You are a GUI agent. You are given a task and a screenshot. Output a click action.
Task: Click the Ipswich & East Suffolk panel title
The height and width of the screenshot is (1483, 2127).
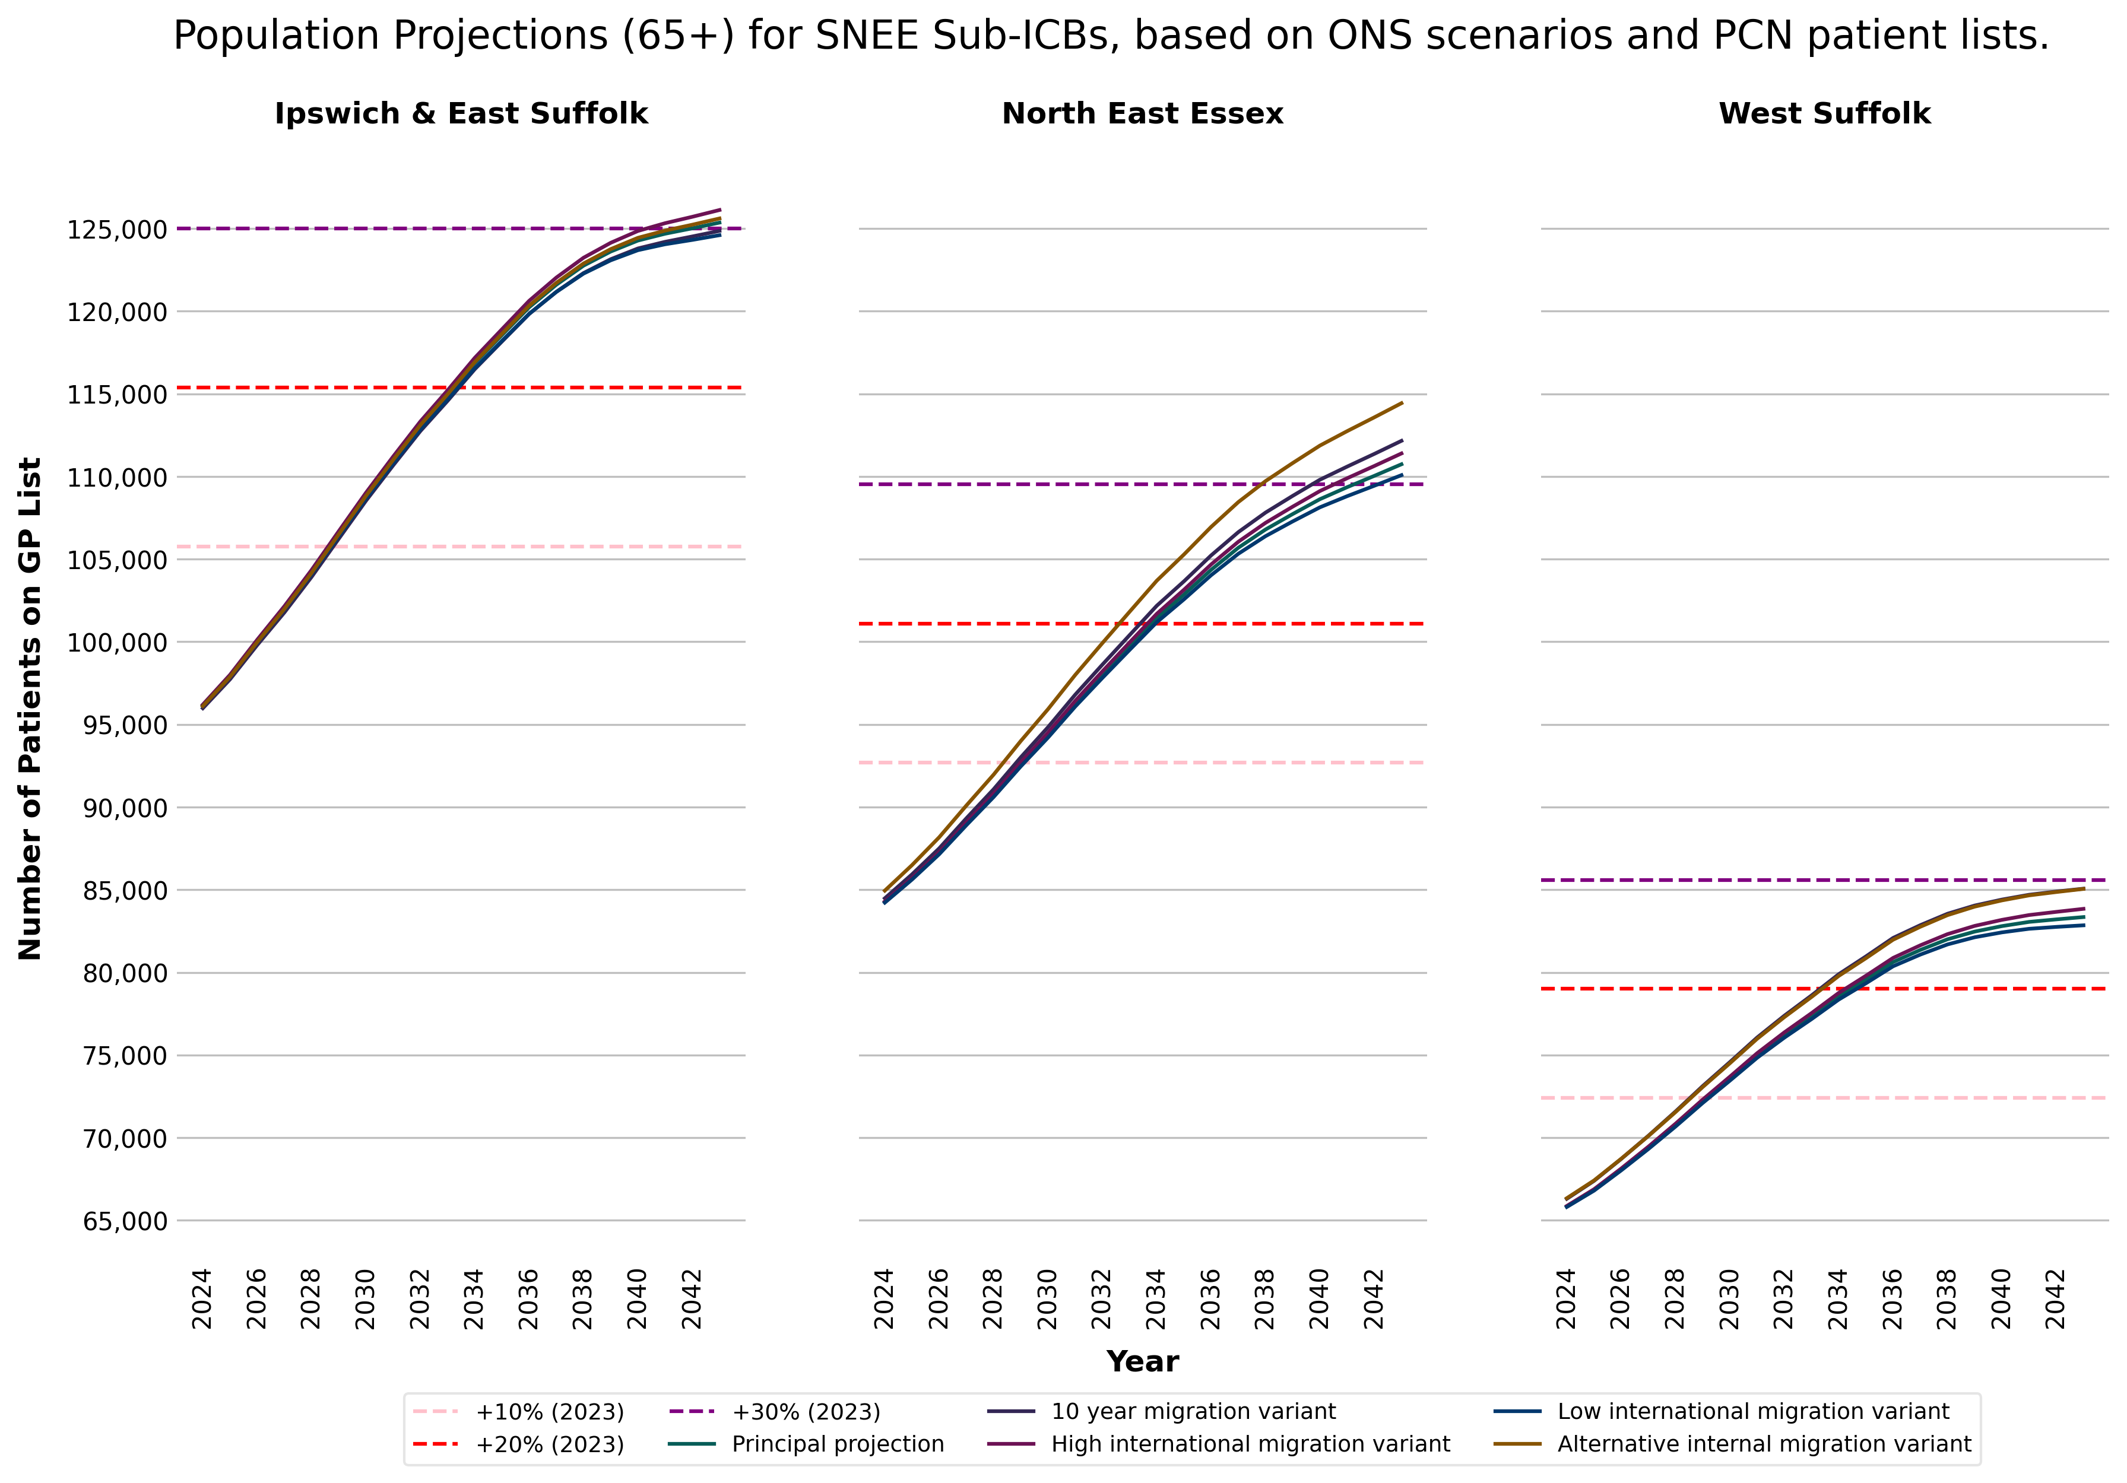click(461, 114)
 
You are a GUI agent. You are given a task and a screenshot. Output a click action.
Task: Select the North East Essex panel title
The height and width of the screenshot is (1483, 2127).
click(1142, 114)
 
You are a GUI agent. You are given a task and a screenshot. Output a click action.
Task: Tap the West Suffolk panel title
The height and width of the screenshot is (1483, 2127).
click(1824, 114)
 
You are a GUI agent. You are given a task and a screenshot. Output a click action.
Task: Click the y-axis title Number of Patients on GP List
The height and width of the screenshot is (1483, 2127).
click(30, 709)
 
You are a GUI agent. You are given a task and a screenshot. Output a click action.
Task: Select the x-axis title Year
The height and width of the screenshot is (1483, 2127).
click(1142, 1362)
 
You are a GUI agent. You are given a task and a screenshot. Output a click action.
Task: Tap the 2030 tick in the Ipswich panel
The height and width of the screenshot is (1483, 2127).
click(366, 1298)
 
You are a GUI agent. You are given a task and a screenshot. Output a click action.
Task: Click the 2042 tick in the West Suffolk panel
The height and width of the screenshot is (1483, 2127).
click(2056, 1298)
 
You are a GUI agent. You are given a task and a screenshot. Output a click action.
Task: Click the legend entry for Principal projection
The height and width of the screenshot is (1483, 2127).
click(836, 1444)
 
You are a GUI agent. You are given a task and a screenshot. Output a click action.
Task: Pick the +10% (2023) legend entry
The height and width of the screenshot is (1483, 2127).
click(549, 1412)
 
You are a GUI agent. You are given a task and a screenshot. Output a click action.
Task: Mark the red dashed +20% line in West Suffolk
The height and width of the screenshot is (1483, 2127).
click(1824, 989)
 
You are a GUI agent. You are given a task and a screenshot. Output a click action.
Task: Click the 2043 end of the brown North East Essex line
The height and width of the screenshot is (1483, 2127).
click(1402, 403)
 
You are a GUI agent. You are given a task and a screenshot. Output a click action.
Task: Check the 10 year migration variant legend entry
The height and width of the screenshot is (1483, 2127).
click(1192, 1412)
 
